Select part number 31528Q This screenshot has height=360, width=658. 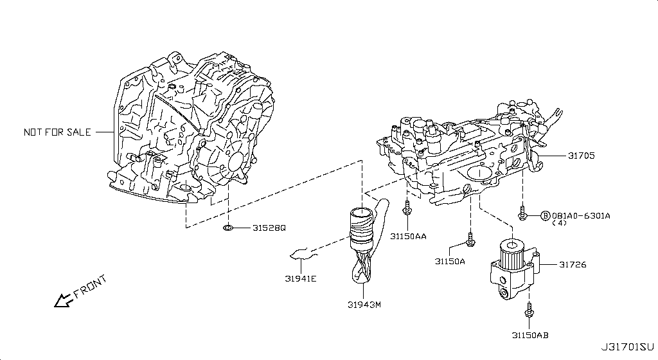click(269, 228)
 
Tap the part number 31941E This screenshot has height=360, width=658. click(301, 278)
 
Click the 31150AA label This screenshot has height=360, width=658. click(408, 236)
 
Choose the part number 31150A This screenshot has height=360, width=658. click(450, 261)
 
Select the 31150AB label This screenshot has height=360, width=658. click(530, 335)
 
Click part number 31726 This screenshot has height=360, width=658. click(572, 264)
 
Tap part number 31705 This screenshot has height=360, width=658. click(581, 156)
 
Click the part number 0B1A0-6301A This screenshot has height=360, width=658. click(581, 215)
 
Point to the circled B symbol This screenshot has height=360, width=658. click(545, 215)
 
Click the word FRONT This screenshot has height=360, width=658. click(91, 287)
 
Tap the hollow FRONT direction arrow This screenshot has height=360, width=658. click(64, 300)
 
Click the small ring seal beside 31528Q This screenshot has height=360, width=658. click(228, 228)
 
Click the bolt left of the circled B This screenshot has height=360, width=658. click(523, 213)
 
